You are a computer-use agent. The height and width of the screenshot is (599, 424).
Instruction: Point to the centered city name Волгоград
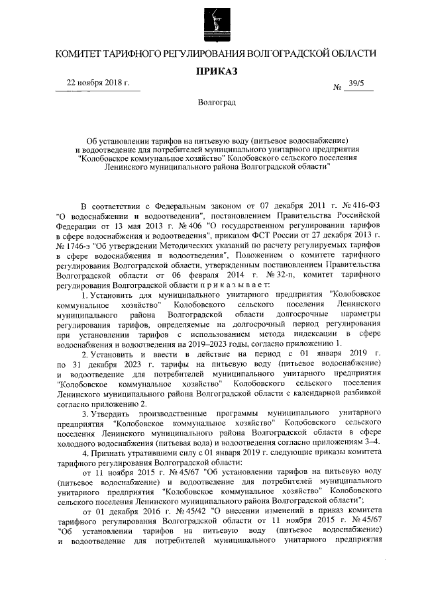(212, 103)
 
